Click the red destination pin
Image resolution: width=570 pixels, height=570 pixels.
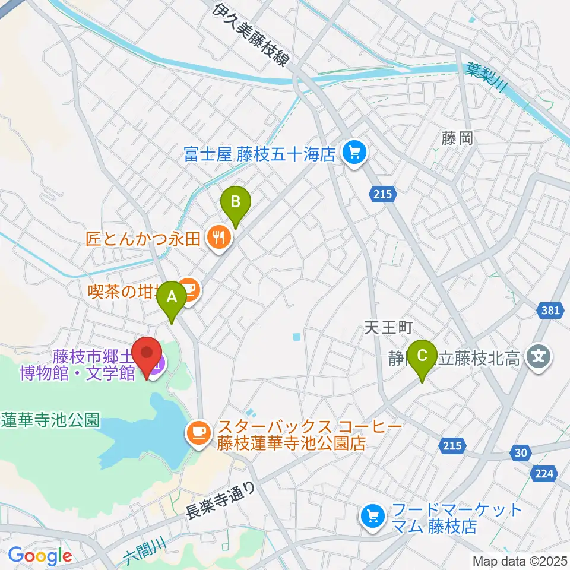point(146,354)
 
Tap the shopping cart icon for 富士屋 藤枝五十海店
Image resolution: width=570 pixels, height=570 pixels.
point(354,155)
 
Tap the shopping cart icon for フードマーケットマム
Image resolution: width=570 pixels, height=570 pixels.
point(373,515)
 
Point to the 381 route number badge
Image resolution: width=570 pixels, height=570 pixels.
point(551,309)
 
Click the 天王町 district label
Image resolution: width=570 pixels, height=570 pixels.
point(388,327)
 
